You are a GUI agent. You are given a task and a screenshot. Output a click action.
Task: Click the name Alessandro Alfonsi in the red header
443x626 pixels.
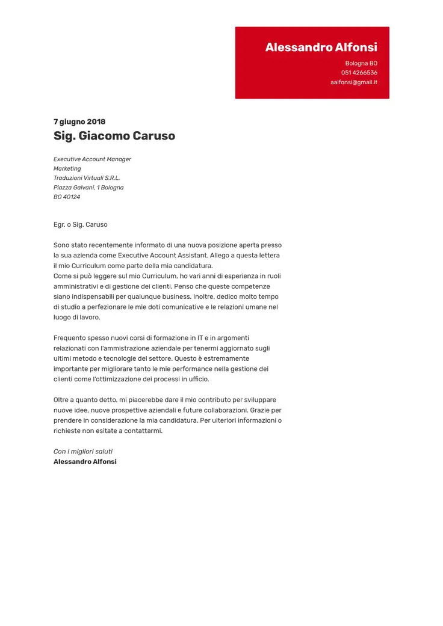point(321,48)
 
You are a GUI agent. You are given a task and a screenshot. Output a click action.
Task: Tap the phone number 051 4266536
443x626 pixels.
point(359,73)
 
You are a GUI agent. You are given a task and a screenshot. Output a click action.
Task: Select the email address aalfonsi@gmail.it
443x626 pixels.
point(353,82)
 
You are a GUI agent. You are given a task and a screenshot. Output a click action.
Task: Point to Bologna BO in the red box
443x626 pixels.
point(361,63)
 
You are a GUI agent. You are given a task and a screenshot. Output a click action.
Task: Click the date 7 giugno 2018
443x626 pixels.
point(79,121)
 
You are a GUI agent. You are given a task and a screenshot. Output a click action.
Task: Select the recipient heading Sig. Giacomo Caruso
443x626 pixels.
point(114,136)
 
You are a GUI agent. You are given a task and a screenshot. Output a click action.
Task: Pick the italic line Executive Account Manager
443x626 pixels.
point(92,159)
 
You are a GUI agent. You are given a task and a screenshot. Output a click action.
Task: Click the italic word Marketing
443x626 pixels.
point(67,169)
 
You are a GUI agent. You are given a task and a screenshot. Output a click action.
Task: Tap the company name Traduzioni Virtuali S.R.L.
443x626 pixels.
point(87,178)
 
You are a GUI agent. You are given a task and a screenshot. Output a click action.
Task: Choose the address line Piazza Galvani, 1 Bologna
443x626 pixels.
point(88,188)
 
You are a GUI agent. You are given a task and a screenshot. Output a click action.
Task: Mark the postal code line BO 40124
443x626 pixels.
point(67,197)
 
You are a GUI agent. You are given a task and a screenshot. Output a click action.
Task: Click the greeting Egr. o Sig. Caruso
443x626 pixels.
point(81,225)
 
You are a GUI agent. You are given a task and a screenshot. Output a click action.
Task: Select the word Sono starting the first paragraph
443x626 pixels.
point(61,245)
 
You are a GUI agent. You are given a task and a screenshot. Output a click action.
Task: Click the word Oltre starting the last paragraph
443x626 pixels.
point(62,400)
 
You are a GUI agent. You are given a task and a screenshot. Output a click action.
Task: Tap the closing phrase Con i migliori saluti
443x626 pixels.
point(83,452)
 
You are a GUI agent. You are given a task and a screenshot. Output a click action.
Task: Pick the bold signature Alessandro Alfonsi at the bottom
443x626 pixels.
point(85,462)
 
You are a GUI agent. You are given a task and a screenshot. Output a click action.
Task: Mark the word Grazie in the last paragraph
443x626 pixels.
point(260,410)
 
